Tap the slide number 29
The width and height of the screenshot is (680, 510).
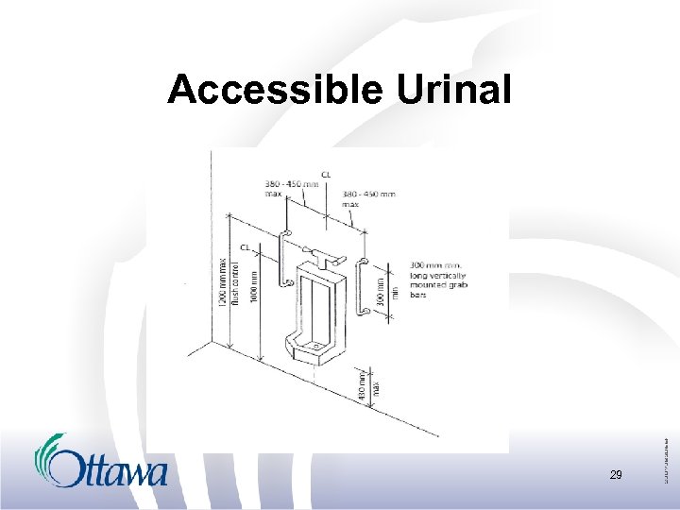click(x=616, y=475)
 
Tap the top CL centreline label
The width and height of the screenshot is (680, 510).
click(x=327, y=175)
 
